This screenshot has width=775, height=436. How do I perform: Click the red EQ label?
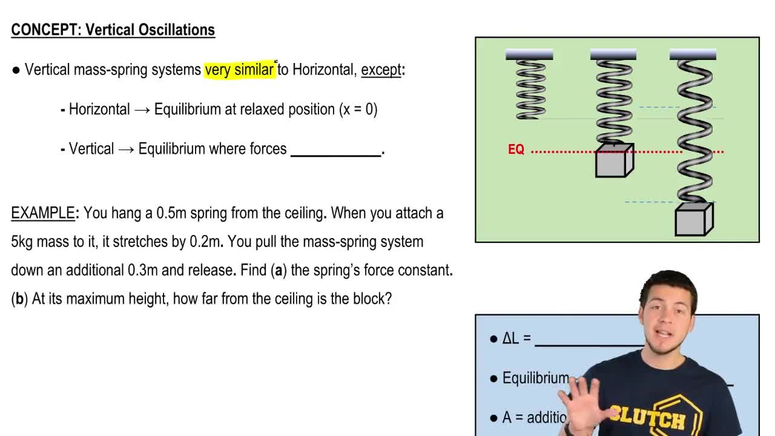pyautogui.click(x=516, y=150)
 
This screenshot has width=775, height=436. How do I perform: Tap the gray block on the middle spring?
pyautogui.click(x=614, y=161)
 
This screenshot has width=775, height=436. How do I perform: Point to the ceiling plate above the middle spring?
pyautogui.click(x=613, y=55)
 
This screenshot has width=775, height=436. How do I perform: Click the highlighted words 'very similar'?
pyautogui.click(x=239, y=70)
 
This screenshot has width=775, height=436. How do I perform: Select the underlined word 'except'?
pyautogui.click(x=381, y=70)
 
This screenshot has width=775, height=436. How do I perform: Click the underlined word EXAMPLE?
pyautogui.click(x=42, y=213)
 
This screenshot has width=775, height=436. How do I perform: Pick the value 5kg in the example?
pyautogui.click(x=22, y=242)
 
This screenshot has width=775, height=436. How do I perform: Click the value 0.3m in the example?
pyautogui.click(x=143, y=270)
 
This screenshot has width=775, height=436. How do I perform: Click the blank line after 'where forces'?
pyautogui.click(x=335, y=151)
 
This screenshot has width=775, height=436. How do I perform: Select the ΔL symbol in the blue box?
pyautogui.click(x=510, y=339)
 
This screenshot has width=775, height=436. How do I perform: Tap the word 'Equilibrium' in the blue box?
pyautogui.click(x=535, y=378)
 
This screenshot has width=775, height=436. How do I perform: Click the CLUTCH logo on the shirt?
pyautogui.click(x=648, y=417)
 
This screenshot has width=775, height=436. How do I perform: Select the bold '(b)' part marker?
pyautogui.click(x=19, y=299)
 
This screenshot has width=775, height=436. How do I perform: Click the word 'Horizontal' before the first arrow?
pyautogui.click(x=99, y=110)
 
